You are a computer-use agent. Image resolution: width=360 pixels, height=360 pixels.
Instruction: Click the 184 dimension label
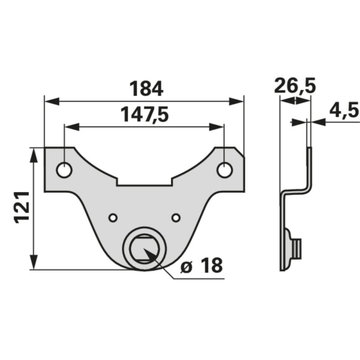[x=146, y=89]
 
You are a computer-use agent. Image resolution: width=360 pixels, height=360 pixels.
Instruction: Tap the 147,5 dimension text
[x=145, y=115]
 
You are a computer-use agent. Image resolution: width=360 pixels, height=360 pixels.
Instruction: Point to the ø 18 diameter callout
[x=202, y=266]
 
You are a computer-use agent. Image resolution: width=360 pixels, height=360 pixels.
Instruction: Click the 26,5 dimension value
[x=295, y=86]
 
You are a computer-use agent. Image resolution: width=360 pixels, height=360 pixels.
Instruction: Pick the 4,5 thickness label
[x=344, y=110]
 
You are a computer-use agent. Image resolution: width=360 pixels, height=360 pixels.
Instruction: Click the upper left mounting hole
[x=64, y=170]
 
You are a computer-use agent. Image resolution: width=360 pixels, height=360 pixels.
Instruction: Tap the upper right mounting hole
[x=225, y=170]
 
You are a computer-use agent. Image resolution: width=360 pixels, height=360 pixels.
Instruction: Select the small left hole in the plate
[x=113, y=217]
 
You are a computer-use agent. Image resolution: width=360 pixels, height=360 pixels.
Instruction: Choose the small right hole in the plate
[x=176, y=217]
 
